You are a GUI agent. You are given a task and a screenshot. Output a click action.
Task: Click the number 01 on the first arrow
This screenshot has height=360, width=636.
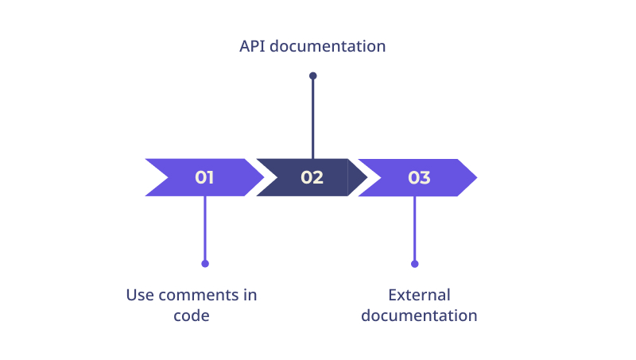[204, 177]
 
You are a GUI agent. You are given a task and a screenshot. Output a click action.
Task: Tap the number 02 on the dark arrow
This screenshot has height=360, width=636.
[312, 177]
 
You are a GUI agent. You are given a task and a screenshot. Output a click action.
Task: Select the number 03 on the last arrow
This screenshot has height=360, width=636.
[419, 177]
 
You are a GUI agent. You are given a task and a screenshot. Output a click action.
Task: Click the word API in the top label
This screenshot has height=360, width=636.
[252, 46]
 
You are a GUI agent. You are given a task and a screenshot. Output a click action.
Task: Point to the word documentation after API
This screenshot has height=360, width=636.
[328, 46]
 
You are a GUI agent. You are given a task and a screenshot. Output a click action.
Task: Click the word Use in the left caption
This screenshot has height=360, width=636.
[140, 295]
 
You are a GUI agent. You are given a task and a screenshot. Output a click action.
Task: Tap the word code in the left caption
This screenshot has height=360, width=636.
[192, 315]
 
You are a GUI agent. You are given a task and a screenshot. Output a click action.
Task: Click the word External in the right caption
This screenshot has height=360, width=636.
[419, 295]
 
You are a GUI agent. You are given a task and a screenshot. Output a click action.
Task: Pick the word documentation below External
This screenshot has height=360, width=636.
[419, 315]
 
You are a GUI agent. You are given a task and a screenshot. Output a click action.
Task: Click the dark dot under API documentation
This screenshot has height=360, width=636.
[312, 75]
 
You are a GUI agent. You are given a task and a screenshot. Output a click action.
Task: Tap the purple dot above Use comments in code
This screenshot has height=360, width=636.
[205, 264]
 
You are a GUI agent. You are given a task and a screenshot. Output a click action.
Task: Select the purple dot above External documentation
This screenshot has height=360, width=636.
[414, 264]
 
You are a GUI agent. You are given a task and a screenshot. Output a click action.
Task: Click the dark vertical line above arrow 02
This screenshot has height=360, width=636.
[312, 118]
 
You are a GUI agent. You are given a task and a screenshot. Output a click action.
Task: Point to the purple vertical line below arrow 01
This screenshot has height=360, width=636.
[205, 229]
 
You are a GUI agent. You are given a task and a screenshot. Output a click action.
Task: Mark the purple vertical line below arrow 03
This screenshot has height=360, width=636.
[414, 229]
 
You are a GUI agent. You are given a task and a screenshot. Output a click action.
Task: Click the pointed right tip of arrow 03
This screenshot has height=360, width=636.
[477, 177]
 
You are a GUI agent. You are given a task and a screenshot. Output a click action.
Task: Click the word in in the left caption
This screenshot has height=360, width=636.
[250, 295]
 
